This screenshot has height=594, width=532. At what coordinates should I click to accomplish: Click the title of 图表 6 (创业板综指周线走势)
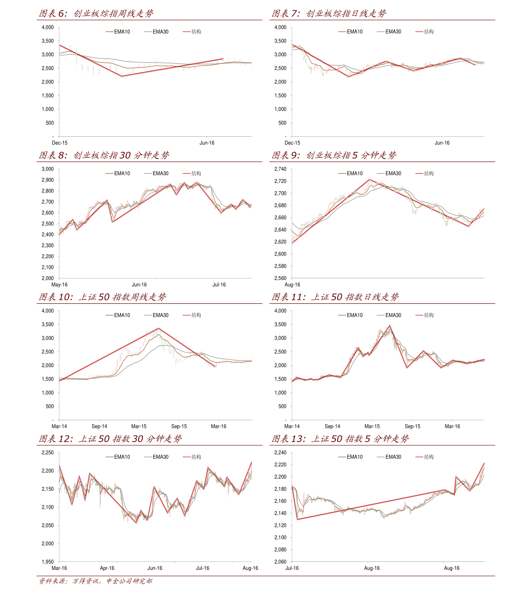(x=96, y=14)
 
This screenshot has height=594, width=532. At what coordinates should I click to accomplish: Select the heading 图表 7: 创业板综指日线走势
(x=329, y=14)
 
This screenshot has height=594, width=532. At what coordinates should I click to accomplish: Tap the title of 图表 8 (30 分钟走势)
(x=104, y=155)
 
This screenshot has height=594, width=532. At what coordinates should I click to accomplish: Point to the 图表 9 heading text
(x=334, y=155)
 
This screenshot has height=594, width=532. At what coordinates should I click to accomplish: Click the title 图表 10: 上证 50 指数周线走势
(x=102, y=297)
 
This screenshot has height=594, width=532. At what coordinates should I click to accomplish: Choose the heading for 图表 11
(x=335, y=297)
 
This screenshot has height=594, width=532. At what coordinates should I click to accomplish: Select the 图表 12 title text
(x=110, y=439)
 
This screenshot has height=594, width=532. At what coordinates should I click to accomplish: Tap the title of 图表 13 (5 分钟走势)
(x=340, y=439)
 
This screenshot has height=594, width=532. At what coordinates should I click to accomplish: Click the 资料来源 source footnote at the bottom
(x=95, y=581)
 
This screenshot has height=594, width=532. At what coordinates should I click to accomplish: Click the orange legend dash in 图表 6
(x=109, y=32)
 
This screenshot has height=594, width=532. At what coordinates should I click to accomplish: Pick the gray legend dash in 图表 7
(x=381, y=32)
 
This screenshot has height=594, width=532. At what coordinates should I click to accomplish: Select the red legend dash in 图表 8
(x=187, y=173)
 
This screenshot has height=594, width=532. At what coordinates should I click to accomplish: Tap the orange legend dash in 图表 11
(x=342, y=315)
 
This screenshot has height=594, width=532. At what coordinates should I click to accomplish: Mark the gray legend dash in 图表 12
(x=148, y=457)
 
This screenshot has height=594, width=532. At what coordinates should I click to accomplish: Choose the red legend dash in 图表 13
(x=419, y=457)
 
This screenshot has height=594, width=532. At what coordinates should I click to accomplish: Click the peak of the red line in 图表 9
(x=370, y=180)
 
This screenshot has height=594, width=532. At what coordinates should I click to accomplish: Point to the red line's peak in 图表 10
(x=159, y=329)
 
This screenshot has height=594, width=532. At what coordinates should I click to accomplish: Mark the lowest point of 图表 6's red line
(x=121, y=77)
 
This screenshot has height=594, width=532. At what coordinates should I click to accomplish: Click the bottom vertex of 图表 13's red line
(x=297, y=519)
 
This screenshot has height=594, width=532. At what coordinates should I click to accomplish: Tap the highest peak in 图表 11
(x=390, y=326)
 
